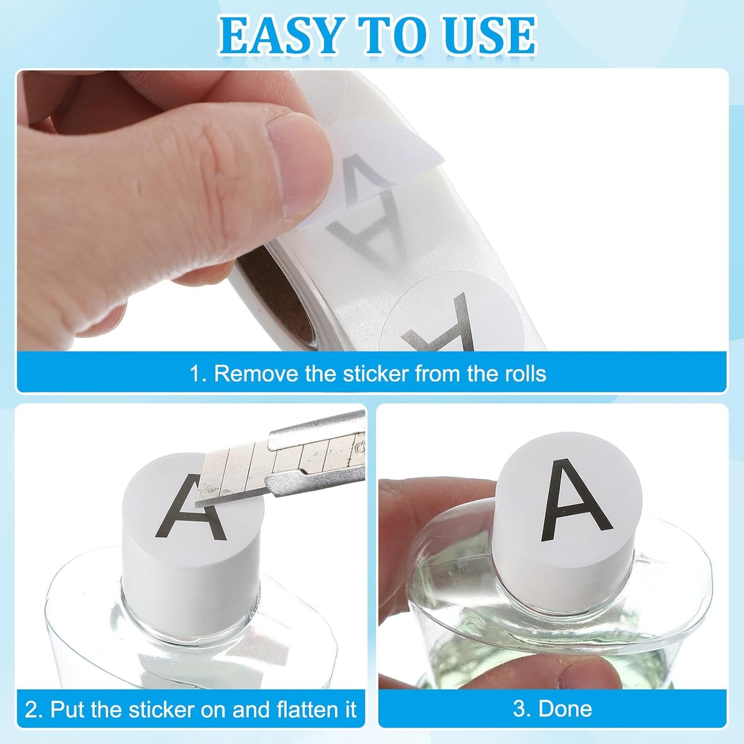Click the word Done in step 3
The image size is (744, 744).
coord(565,709)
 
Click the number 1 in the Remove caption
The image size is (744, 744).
coord(196,373)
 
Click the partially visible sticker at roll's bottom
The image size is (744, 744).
coord(453,314)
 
